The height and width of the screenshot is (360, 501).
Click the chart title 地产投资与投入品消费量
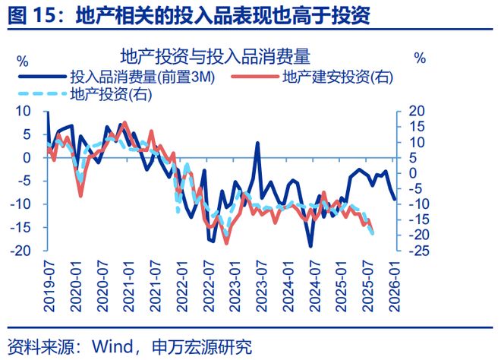216,56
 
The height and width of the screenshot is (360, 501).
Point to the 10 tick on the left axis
23,111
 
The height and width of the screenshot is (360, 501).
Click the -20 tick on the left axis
20,251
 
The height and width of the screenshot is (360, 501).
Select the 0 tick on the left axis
27,158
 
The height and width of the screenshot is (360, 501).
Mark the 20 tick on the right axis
417,111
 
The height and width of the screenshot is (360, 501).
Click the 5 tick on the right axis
413,158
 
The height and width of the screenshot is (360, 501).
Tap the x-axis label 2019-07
49,286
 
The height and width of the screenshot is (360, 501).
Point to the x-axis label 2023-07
261,286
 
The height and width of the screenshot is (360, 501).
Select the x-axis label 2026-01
394,286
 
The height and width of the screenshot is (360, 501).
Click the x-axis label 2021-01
129,286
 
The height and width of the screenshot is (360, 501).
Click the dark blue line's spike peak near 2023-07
257,143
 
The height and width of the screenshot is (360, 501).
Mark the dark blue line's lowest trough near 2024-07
310,247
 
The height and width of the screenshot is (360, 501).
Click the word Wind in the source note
112,346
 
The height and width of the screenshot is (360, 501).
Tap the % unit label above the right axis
420,58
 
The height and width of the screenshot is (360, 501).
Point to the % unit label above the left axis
23,62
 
